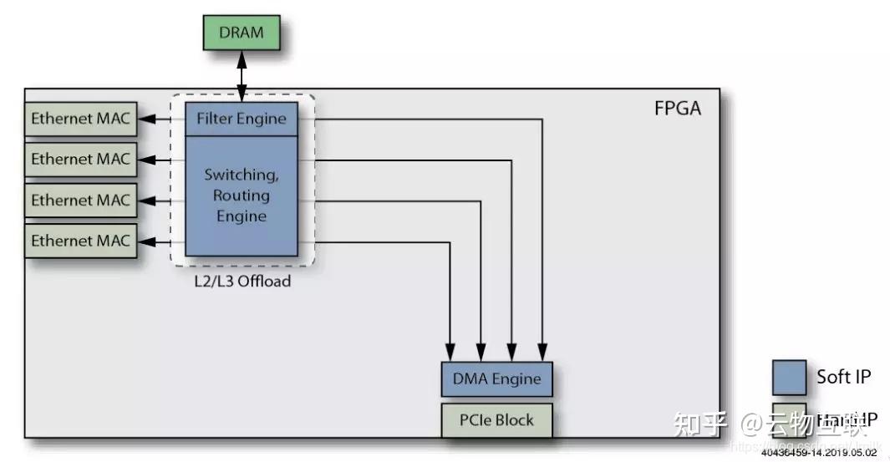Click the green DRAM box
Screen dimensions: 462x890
[x=242, y=33]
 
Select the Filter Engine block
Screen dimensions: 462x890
[x=241, y=119]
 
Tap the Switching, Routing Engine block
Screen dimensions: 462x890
[x=241, y=196]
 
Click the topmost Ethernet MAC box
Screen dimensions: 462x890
[x=80, y=119]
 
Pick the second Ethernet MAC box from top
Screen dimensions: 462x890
[x=80, y=159]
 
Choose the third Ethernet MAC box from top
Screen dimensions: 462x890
[x=80, y=200]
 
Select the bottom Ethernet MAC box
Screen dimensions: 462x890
[x=80, y=241]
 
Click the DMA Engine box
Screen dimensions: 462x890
[x=496, y=379]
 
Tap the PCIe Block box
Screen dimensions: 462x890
[x=496, y=419]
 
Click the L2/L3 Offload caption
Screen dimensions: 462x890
[x=241, y=282]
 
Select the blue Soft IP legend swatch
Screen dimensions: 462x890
[x=790, y=377]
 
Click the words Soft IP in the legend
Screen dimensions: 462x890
[x=843, y=377]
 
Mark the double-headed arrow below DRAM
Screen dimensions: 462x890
[x=242, y=76]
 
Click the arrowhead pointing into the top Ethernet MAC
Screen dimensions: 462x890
[x=145, y=119]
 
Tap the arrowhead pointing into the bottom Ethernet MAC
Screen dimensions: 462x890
[x=145, y=241]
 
